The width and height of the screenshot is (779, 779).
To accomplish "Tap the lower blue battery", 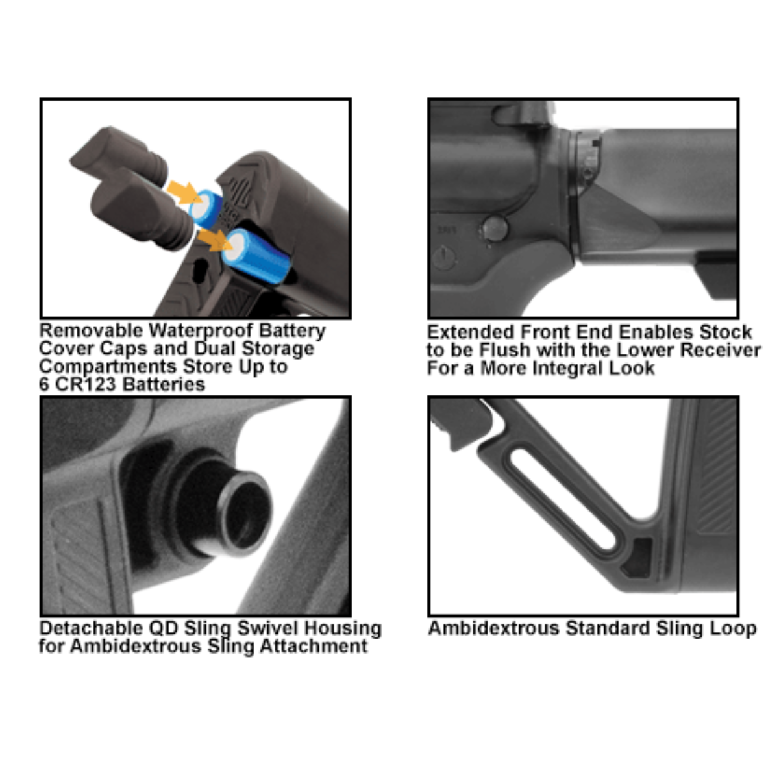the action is [256, 256].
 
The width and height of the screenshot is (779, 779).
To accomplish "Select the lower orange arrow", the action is [214, 241].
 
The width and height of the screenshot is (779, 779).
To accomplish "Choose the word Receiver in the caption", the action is [720, 350].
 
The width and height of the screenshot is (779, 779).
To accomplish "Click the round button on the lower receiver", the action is [495, 229].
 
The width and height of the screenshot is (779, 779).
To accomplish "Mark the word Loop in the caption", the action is [734, 628].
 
